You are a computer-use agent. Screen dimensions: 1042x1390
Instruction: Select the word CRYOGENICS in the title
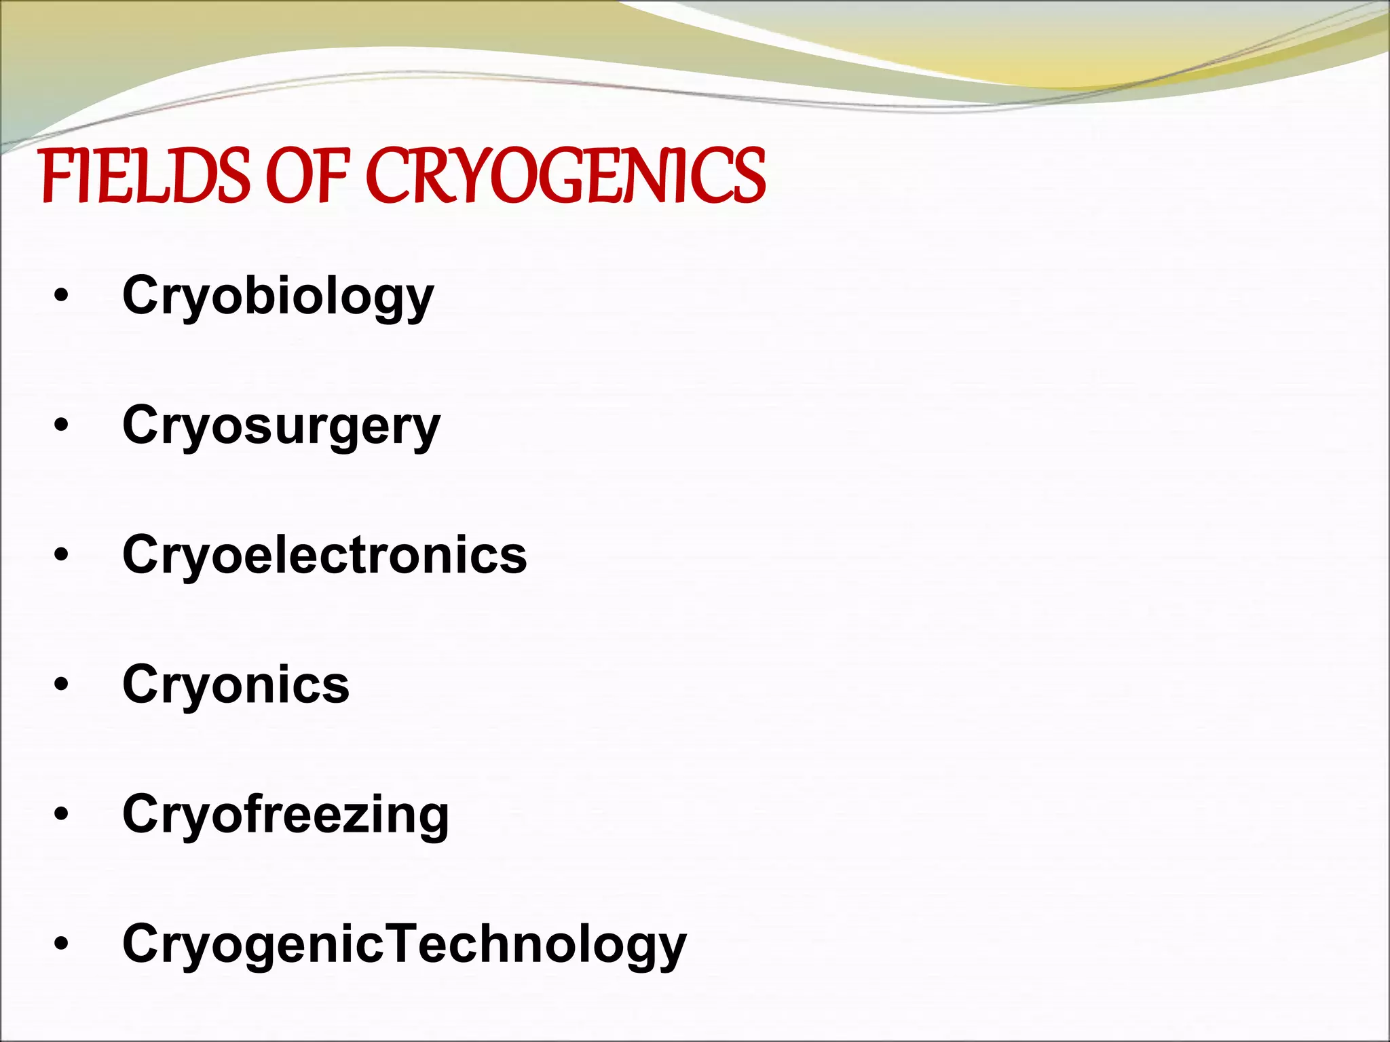[566, 176]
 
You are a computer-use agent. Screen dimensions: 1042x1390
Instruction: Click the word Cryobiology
[278, 296]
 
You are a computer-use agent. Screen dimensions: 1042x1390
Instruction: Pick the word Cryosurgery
[281, 426]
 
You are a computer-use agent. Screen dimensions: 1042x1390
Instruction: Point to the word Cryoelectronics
[324, 554]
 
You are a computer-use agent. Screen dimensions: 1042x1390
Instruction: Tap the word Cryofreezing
[285, 814]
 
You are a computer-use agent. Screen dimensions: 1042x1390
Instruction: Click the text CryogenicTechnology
[405, 944]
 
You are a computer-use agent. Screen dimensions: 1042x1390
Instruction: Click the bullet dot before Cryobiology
[62, 296]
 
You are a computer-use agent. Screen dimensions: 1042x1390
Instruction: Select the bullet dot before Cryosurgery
[62, 425]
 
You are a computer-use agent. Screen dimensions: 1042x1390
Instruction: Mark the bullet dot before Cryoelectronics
[62, 555]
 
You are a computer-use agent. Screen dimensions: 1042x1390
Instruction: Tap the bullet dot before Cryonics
[62, 684]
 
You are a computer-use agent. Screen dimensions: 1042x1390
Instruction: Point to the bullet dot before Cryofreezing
[62, 814]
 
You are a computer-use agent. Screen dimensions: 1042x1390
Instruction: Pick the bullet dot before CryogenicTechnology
[62, 944]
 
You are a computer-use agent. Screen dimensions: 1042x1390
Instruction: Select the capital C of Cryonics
[140, 684]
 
